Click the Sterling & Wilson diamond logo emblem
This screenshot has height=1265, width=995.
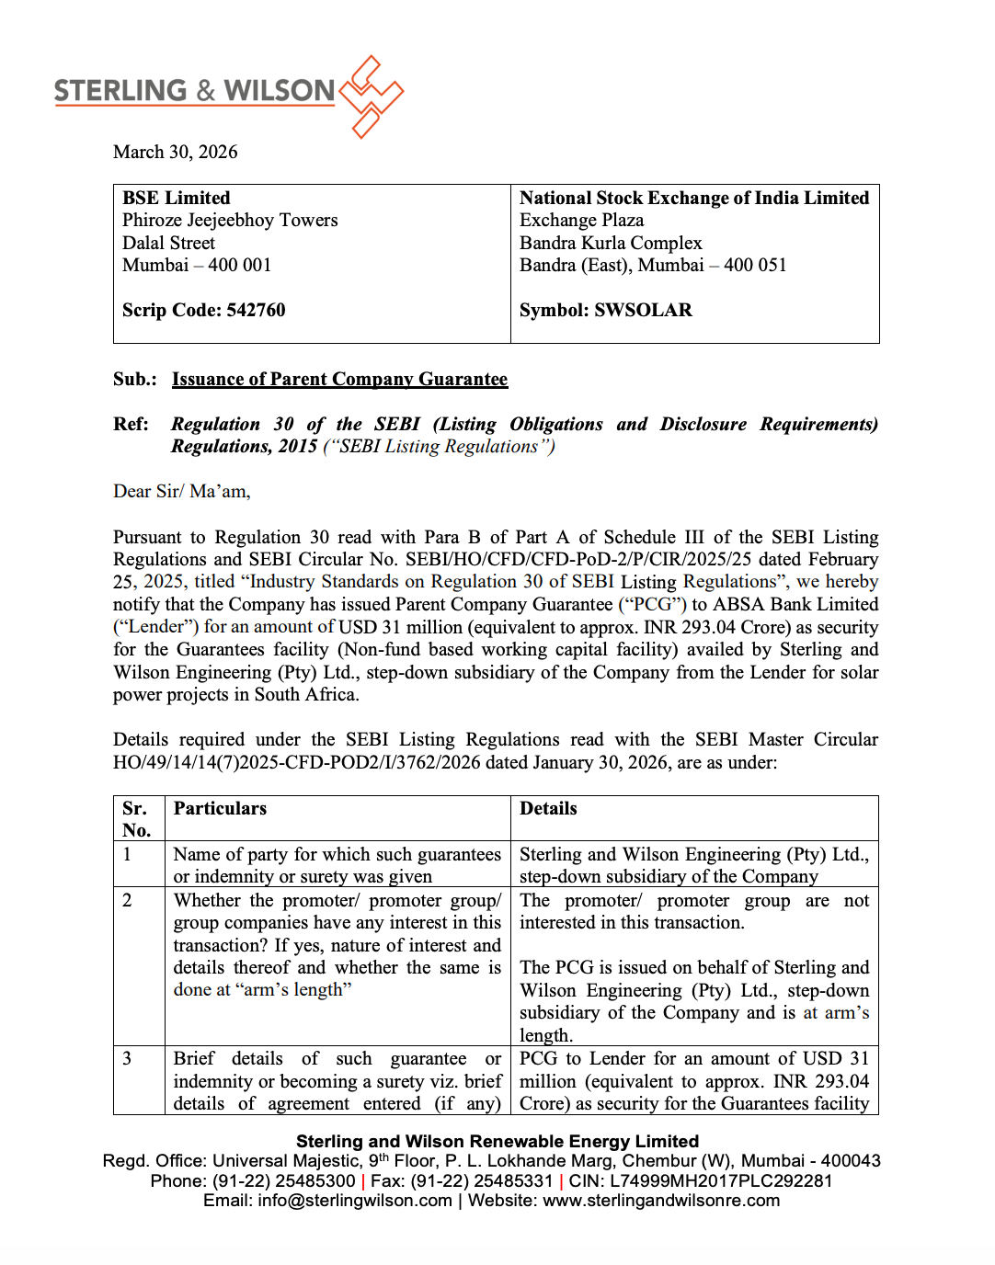[371, 96]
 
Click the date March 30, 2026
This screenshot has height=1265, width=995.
[175, 152]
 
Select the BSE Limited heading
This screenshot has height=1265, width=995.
[177, 198]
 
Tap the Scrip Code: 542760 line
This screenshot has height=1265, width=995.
[204, 310]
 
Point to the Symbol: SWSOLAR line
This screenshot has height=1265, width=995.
[605, 310]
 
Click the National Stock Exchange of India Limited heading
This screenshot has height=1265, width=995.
[693, 198]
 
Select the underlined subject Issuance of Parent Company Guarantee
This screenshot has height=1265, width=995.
[339, 379]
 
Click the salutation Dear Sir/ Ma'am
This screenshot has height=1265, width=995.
[181, 491]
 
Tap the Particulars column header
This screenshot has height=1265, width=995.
[220, 808]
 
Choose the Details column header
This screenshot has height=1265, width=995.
[548, 808]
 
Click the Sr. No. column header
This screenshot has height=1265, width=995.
[136, 818]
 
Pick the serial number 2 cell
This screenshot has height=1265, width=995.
[127, 900]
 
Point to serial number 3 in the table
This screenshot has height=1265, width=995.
[127, 1058]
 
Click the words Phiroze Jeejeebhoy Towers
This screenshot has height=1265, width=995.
[230, 220]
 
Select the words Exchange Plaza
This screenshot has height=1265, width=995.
[581, 220]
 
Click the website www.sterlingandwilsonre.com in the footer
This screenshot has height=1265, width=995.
[660, 1200]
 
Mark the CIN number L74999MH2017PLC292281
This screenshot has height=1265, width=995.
[720, 1180]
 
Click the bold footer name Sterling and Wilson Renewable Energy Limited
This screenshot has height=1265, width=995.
[497, 1141]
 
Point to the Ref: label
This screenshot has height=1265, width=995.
[131, 424]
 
